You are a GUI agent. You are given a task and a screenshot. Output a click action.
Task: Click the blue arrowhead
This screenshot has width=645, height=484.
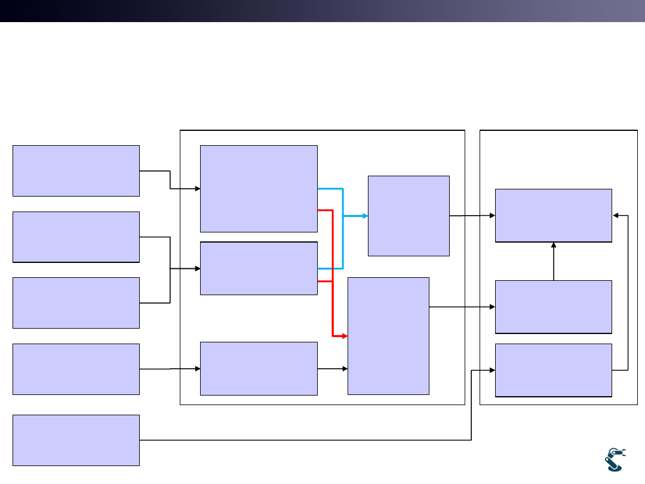364,216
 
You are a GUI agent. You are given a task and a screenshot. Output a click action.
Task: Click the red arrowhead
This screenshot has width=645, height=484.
344,336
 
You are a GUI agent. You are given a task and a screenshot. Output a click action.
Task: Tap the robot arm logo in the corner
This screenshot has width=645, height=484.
615,460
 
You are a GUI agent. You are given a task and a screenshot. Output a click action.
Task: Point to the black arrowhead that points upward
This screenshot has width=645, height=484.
554,245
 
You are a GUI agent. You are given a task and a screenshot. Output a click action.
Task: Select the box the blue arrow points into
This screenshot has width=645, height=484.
408,216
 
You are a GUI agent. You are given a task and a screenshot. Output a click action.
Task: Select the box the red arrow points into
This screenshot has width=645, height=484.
388,336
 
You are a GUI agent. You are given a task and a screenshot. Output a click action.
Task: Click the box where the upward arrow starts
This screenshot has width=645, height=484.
554,307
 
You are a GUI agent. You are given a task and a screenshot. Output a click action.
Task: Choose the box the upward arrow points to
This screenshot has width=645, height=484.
554,216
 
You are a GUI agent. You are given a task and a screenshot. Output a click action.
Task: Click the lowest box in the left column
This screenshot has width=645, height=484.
76,440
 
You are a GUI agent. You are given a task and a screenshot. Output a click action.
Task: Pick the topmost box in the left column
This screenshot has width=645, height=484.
76,170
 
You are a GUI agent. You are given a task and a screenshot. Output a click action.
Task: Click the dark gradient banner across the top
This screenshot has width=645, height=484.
322,11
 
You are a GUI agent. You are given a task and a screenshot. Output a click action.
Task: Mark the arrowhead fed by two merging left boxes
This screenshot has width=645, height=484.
196,269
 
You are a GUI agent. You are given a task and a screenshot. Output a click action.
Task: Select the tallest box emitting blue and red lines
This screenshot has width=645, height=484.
259,188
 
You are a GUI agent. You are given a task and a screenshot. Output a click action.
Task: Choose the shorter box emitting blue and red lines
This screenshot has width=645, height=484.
259,268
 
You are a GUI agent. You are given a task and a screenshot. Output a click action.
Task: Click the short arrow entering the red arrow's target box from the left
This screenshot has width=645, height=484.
333,369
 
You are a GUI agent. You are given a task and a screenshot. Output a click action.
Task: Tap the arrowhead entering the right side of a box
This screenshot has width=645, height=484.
616,216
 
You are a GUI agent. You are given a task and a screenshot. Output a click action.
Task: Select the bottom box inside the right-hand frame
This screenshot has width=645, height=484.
554,370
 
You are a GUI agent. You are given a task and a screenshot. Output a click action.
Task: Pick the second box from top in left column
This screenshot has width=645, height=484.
76,237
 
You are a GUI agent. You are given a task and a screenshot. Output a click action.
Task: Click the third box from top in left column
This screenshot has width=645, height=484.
76,302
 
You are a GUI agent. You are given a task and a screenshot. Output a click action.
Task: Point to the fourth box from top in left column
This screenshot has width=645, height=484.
76,369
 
